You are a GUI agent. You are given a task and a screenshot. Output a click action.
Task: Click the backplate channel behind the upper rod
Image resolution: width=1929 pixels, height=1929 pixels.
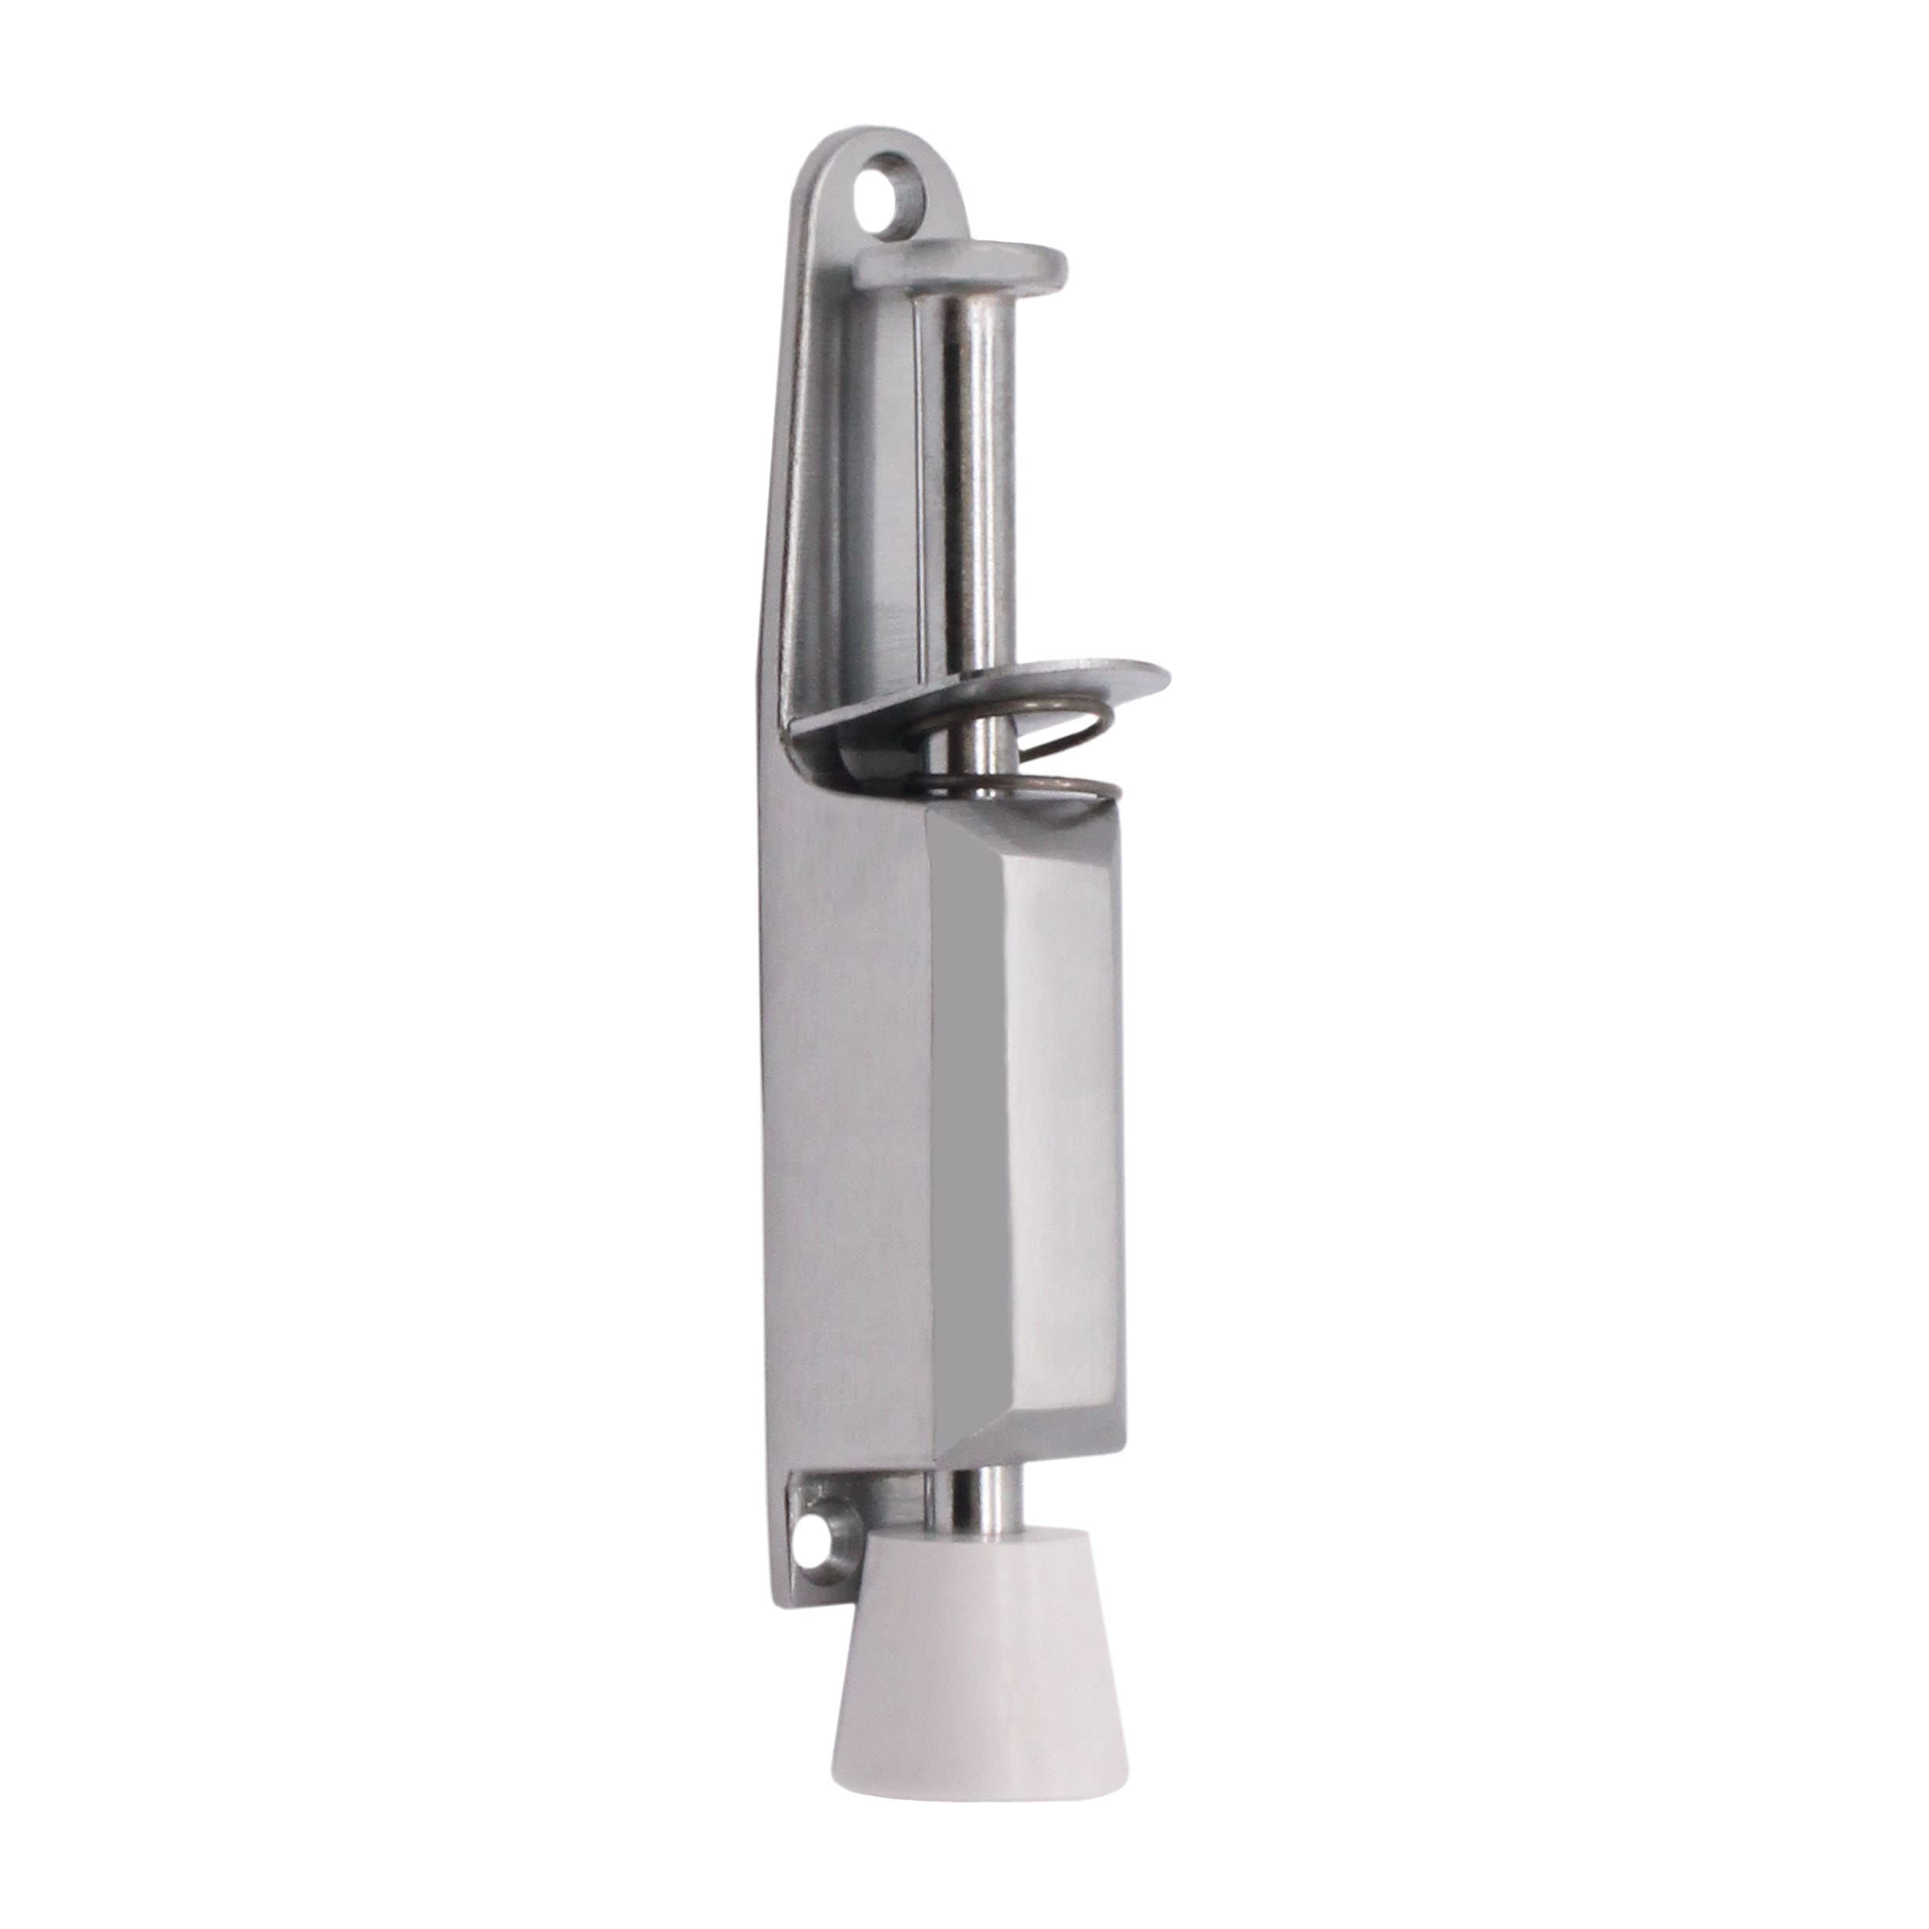(x=879, y=499)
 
